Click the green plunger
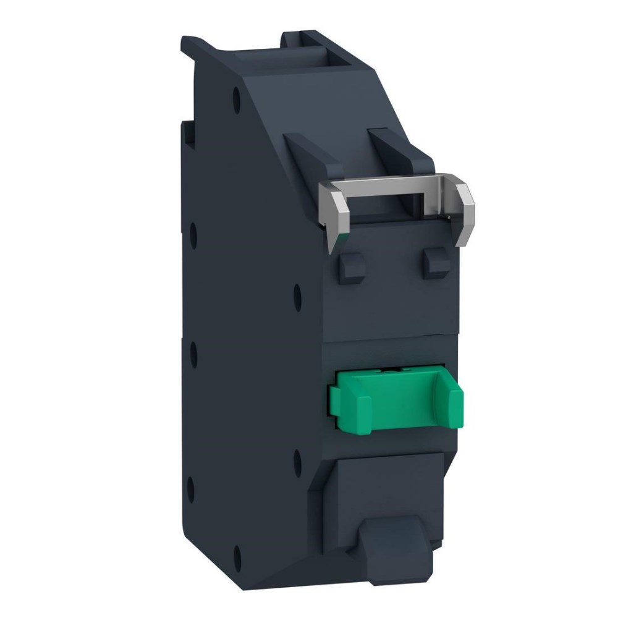(396, 396)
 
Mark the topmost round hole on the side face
(237, 96)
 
